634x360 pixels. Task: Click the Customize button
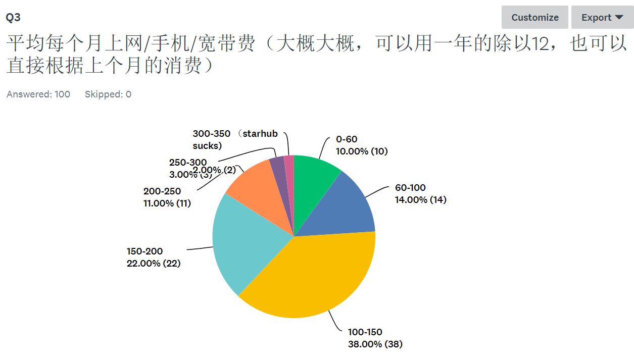[x=534, y=17]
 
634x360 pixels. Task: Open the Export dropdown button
[x=602, y=17]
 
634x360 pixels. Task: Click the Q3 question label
[x=13, y=17]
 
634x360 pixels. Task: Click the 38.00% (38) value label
[x=375, y=344]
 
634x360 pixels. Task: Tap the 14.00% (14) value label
[x=420, y=200]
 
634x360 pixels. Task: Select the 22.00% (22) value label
[x=153, y=264]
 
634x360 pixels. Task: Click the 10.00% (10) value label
[x=362, y=151]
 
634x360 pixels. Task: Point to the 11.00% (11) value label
[x=167, y=203]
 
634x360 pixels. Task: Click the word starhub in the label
[x=260, y=134]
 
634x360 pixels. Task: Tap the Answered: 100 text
[x=38, y=94]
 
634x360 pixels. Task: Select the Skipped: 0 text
[x=108, y=94]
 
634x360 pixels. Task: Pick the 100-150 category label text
[x=365, y=332]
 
